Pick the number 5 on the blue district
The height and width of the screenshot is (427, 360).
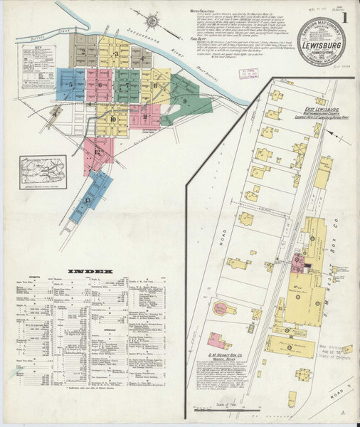(70, 85)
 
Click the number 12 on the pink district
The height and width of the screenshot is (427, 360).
(97, 152)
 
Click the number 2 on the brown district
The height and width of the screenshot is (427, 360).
(85, 51)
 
